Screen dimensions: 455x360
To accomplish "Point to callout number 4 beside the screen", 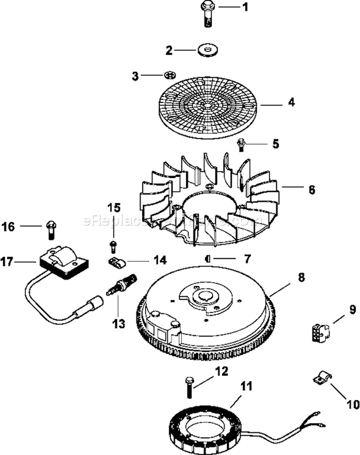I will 291,102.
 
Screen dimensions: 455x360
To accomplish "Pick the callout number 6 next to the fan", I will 312,190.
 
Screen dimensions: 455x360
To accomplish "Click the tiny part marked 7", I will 207,259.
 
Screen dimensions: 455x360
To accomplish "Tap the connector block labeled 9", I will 319,332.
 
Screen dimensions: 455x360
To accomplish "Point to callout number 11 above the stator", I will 246,385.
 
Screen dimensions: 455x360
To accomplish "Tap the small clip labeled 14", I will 115,263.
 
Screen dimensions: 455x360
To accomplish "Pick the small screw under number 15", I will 113,247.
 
